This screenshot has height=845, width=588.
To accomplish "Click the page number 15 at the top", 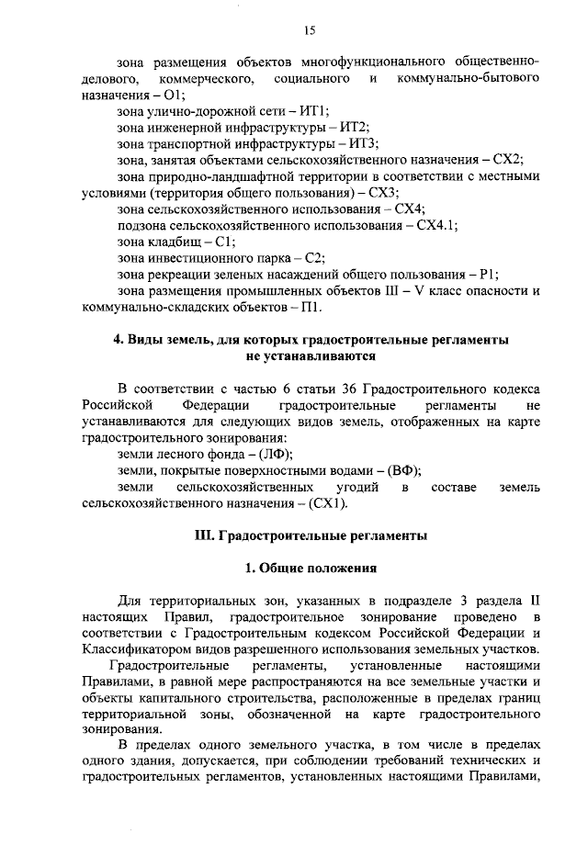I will [x=310, y=30].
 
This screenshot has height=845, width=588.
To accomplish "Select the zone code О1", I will [x=175, y=95].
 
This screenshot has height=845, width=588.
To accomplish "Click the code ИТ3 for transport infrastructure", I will [x=363, y=143].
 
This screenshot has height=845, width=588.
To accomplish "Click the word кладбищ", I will [x=172, y=242].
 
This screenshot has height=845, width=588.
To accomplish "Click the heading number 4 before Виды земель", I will [x=118, y=340].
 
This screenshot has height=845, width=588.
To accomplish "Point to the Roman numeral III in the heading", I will [x=204, y=535].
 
